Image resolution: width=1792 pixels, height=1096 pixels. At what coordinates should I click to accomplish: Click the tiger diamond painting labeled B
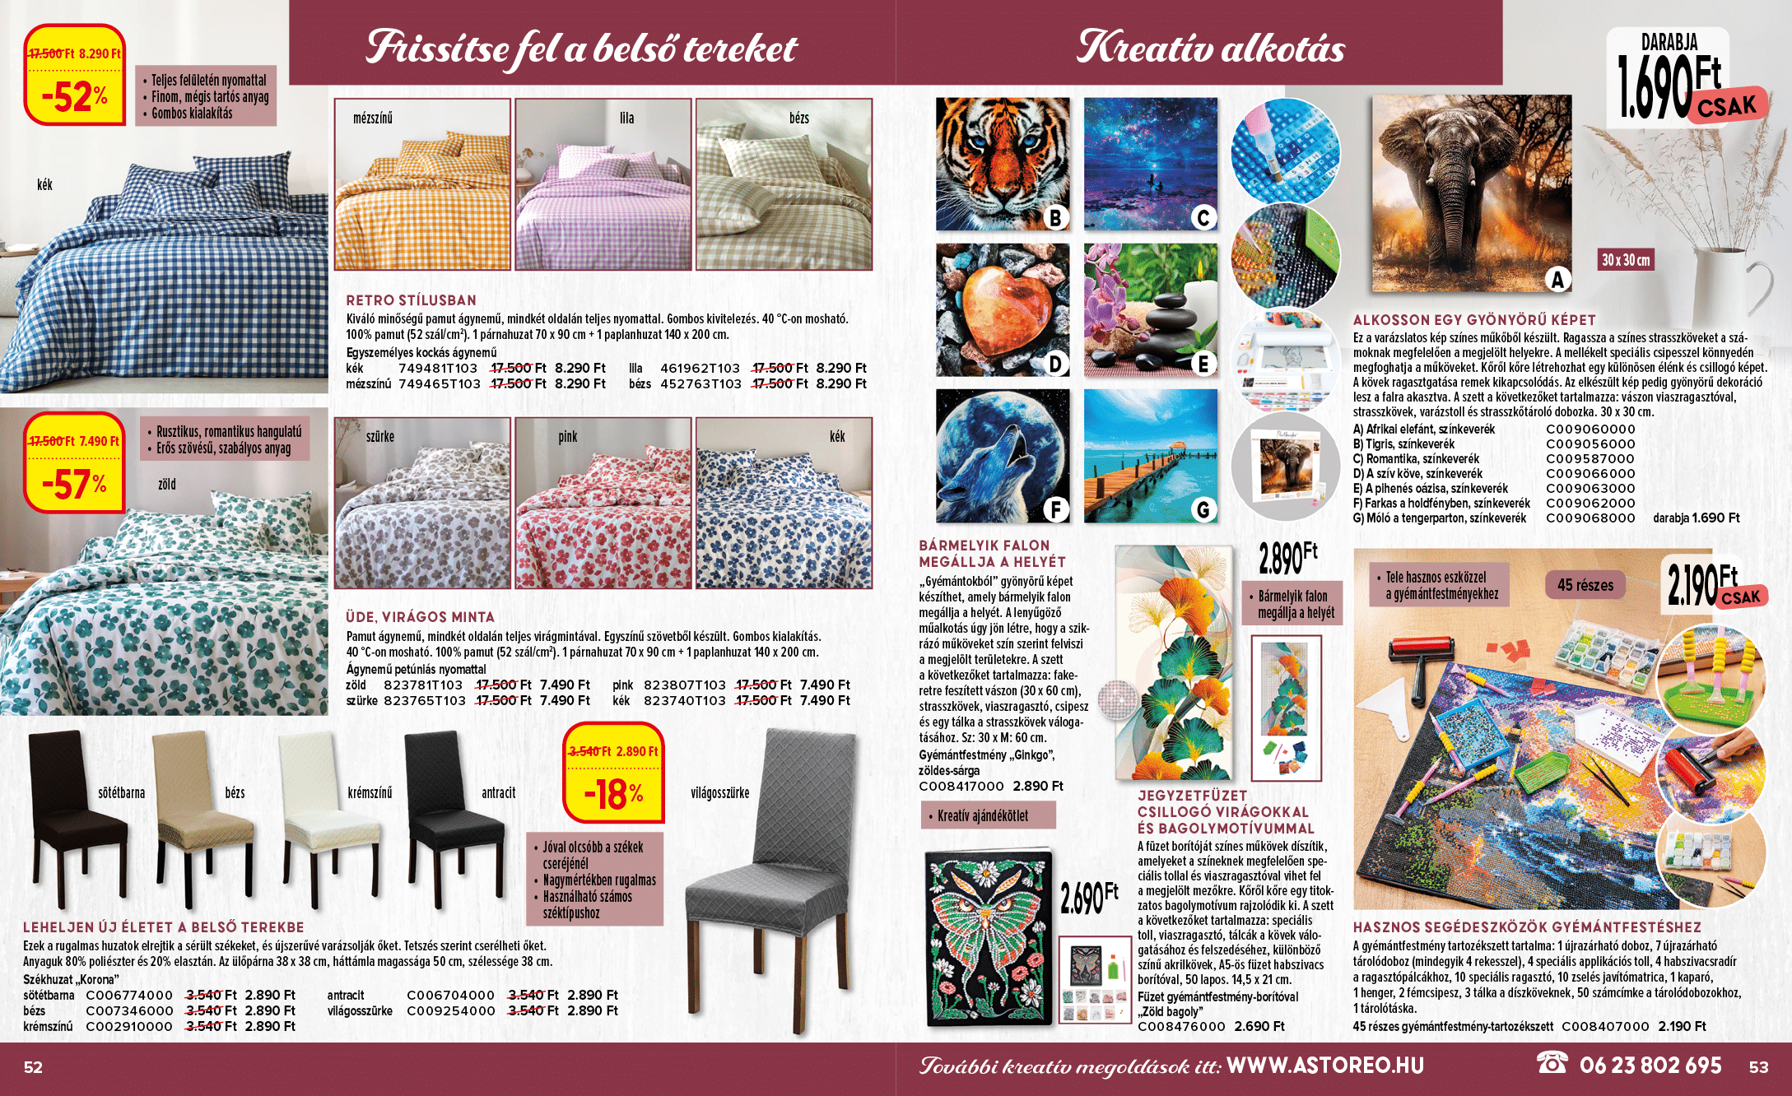click(1002, 165)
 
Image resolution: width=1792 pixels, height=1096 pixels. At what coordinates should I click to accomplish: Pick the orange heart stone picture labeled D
click(1002, 310)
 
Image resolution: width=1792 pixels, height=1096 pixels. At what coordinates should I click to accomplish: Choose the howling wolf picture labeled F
click(1002, 456)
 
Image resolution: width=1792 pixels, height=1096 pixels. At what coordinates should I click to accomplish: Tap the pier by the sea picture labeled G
click(1150, 456)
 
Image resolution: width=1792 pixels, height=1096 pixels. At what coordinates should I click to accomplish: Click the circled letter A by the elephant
click(1557, 281)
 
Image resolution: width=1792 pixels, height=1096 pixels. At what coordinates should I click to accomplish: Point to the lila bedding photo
click(603, 184)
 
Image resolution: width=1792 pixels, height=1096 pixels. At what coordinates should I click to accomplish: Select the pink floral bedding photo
click(603, 503)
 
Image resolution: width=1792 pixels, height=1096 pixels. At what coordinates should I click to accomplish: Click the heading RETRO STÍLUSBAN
click(411, 300)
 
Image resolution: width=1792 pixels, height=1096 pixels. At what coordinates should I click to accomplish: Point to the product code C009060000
click(1590, 430)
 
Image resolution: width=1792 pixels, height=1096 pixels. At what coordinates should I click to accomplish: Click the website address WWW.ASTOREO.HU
click(1324, 1066)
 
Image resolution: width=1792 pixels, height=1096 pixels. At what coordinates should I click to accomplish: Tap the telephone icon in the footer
click(1552, 1063)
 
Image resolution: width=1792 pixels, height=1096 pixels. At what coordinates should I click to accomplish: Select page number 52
click(33, 1067)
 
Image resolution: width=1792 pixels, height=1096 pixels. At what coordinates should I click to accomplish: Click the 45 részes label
click(1585, 585)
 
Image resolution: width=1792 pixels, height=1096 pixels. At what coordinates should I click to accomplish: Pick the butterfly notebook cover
click(989, 939)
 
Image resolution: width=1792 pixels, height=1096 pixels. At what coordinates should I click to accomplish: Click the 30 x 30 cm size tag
click(1625, 260)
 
